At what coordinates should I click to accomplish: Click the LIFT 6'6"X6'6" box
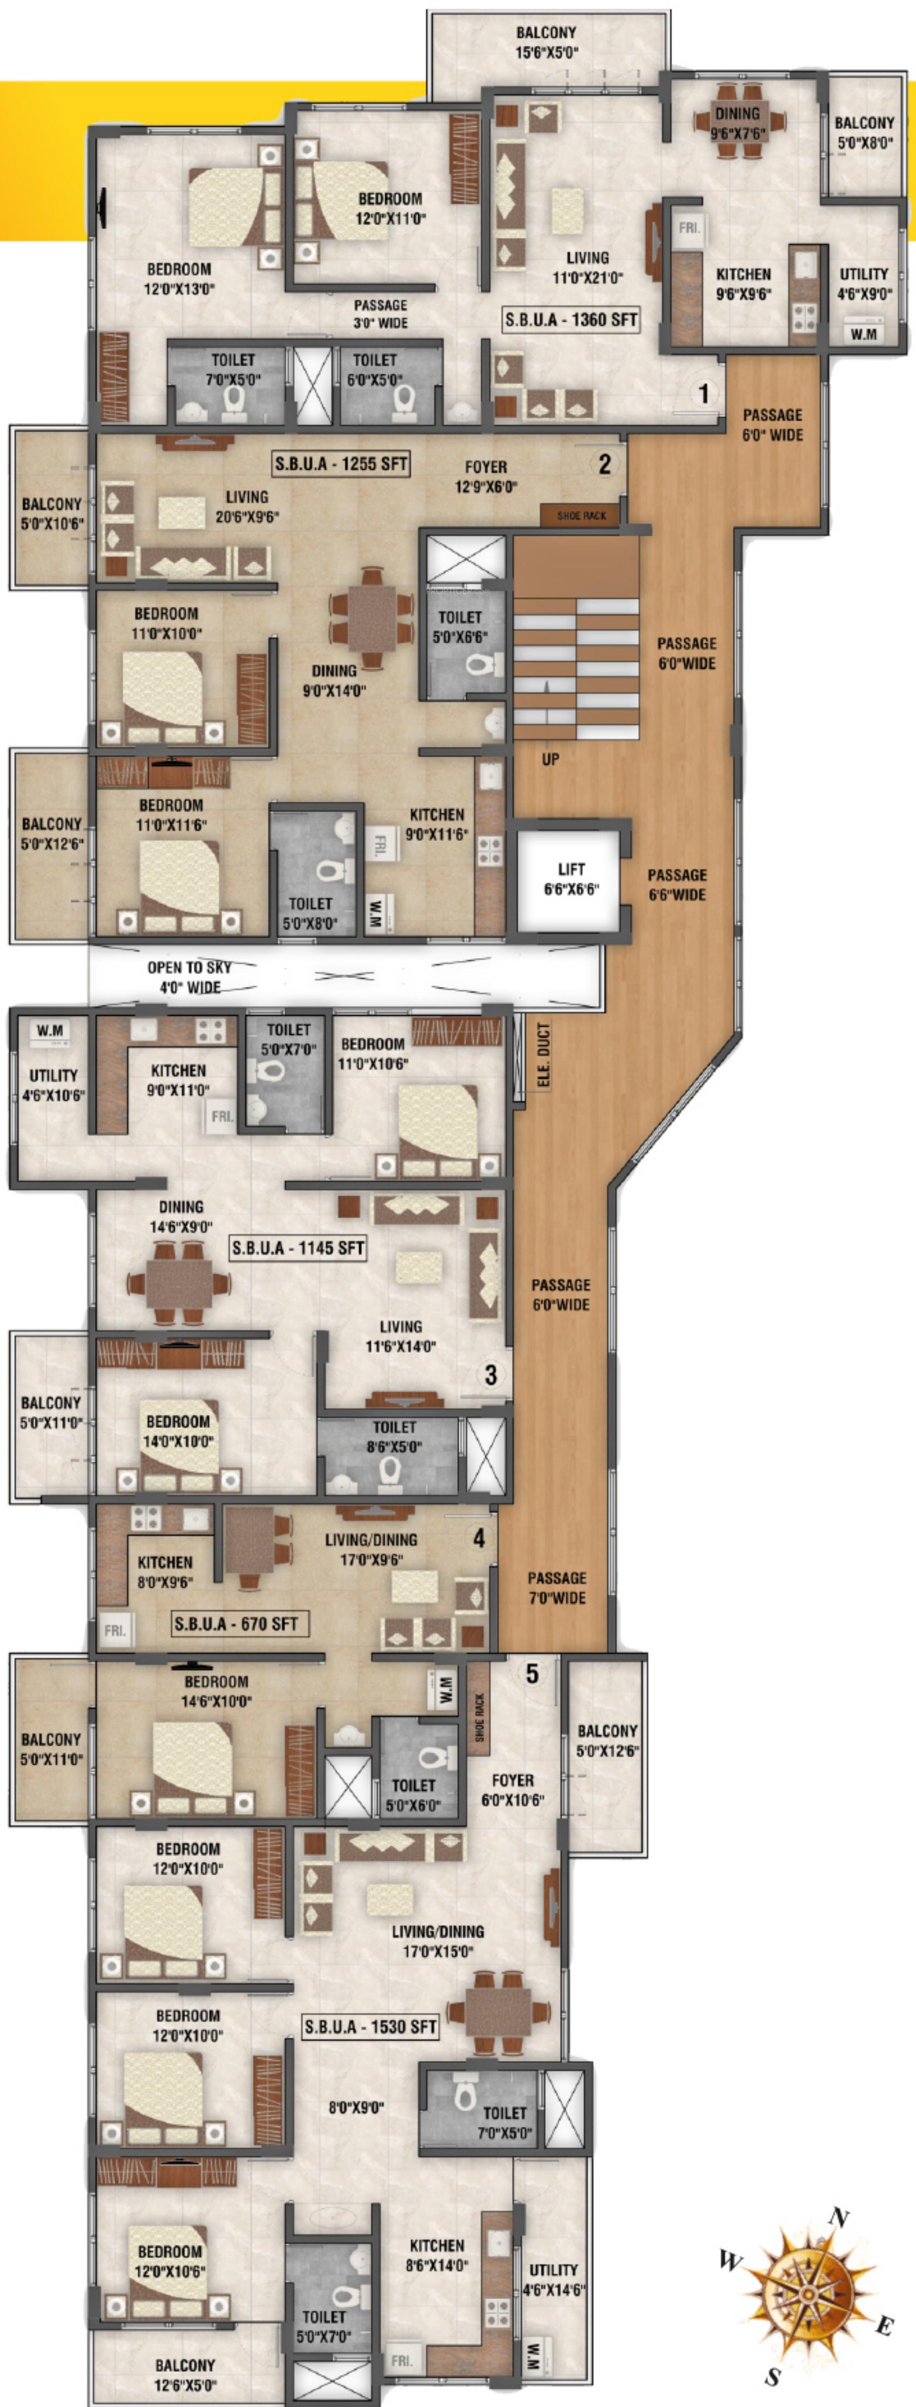click(x=570, y=879)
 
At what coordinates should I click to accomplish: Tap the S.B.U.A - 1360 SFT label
click(x=571, y=320)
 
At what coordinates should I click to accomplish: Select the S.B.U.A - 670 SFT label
click(x=240, y=1624)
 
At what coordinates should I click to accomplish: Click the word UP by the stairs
click(x=551, y=760)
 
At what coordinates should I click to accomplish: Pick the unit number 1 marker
click(x=704, y=394)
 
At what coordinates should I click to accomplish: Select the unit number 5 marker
click(x=532, y=1673)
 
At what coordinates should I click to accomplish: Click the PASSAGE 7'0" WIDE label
click(x=557, y=1588)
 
